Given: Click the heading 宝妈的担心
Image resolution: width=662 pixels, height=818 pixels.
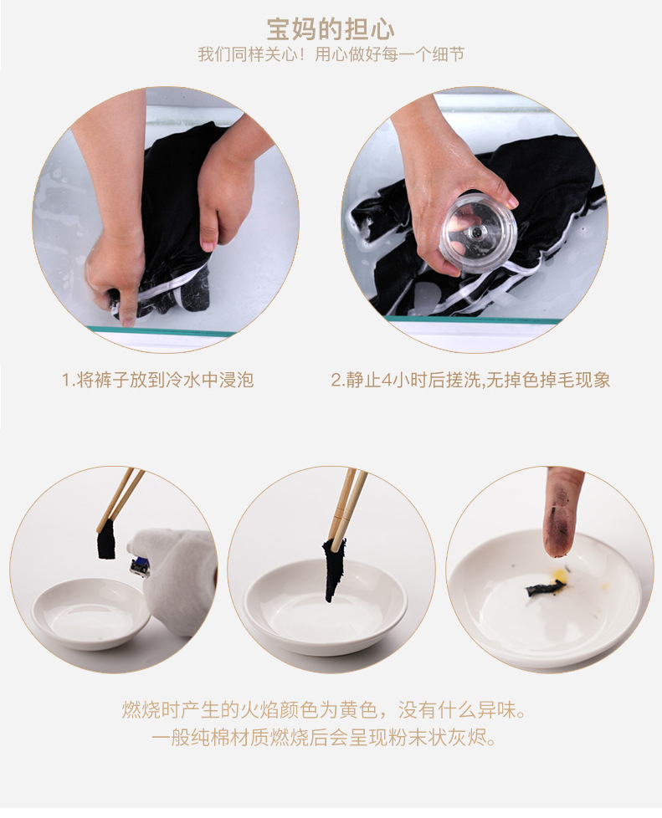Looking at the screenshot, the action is click(x=331, y=30).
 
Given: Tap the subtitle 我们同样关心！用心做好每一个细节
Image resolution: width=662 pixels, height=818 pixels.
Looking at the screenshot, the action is click(x=331, y=54).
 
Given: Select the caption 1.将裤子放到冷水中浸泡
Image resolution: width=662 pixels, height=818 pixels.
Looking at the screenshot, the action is click(x=157, y=380).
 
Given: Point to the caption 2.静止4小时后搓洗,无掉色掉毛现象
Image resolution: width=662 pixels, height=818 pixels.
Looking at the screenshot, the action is click(x=470, y=380).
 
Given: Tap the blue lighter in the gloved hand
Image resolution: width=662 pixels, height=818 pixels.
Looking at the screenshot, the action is click(x=141, y=566).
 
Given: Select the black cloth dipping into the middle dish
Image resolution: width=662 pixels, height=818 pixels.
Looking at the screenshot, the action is click(x=334, y=570).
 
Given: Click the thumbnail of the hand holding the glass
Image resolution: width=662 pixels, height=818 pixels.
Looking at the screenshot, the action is click(x=475, y=220).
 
